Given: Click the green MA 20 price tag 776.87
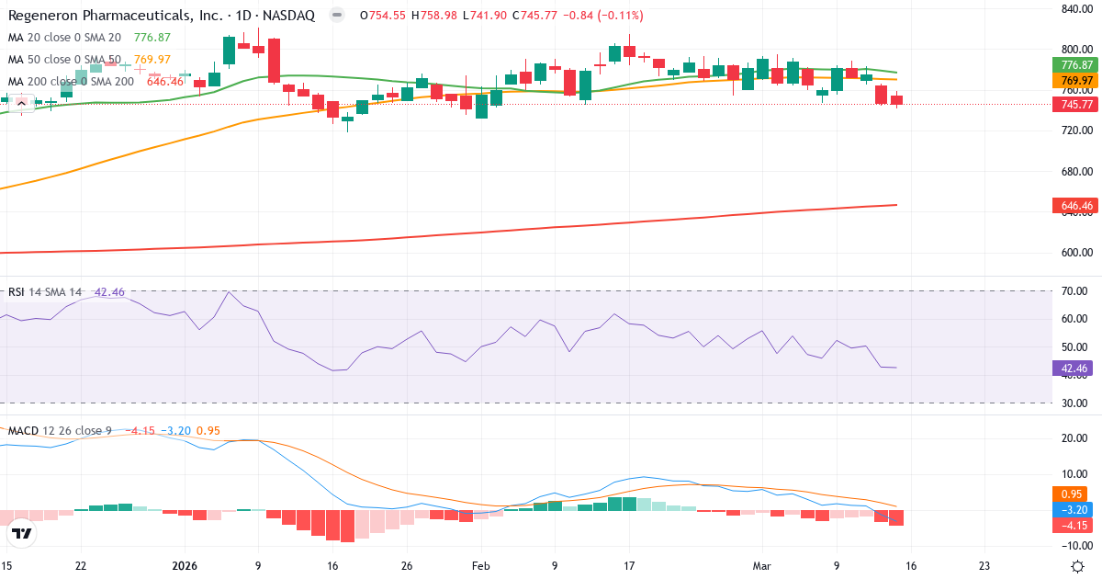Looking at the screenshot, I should (1075, 64).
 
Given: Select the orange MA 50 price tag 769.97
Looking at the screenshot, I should (1075, 81).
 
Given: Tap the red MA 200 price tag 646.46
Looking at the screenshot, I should (1075, 205).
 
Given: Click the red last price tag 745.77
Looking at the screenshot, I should (1075, 105).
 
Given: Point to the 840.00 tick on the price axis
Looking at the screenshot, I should (1075, 9).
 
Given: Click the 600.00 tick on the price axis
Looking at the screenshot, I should (1075, 253).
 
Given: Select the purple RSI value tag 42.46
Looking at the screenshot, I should (1075, 369).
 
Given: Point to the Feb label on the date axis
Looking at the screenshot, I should (480, 565).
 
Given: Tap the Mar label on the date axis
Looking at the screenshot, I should (762, 565).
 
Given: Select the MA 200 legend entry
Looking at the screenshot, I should (72, 82).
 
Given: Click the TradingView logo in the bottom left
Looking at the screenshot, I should (22, 533).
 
